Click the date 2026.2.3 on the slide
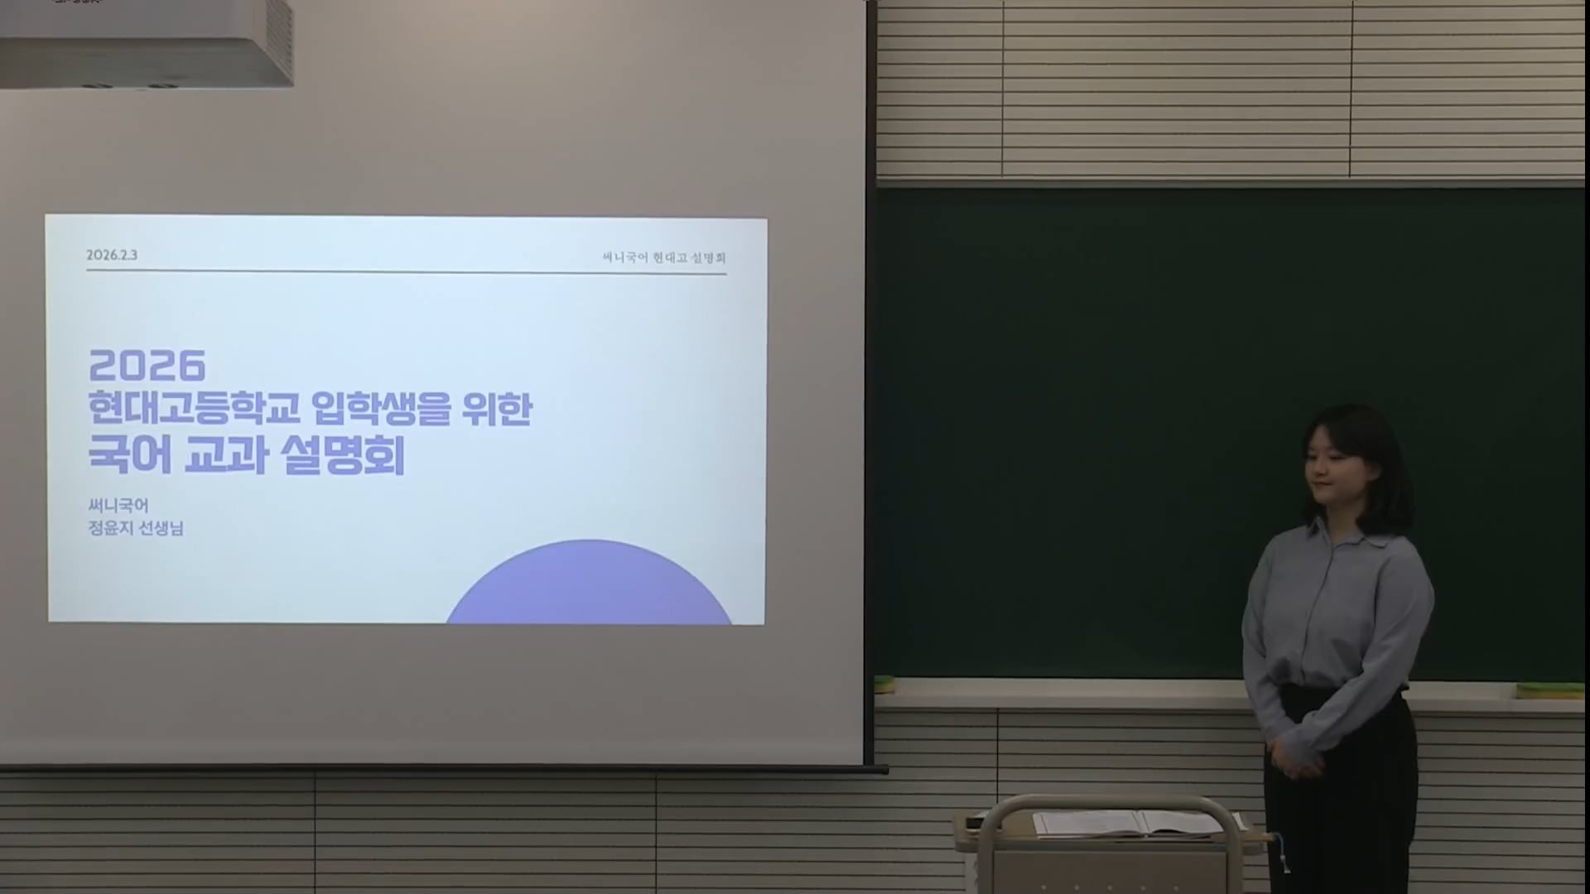coord(112,255)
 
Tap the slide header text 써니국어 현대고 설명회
coord(664,257)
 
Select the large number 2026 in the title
coord(147,365)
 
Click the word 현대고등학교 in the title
coord(195,410)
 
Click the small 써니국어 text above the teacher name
coord(118,505)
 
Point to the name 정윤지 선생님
coord(136,528)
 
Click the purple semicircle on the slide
coord(590,583)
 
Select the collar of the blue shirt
coord(1339,531)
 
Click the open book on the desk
coord(1138,824)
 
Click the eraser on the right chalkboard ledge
coord(1549,690)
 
